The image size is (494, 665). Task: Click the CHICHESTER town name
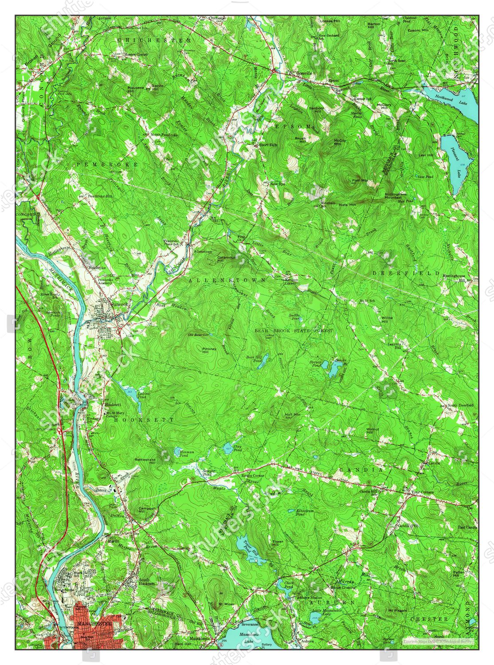pos(154,40)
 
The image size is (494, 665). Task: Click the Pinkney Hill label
pos(209,350)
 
